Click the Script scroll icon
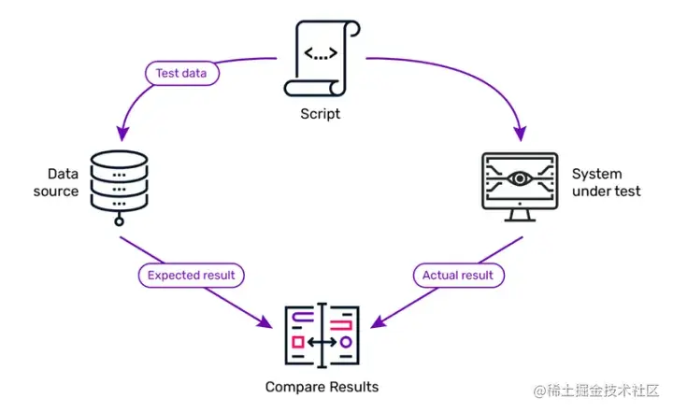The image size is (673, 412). [320, 59]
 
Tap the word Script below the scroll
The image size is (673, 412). [321, 114]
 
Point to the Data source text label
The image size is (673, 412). [63, 183]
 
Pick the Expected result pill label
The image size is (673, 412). [191, 276]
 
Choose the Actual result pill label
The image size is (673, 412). [458, 276]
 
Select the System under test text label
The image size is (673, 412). [606, 183]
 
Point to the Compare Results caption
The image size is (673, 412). [322, 387]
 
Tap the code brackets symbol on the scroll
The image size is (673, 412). [322, 54]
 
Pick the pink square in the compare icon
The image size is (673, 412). [297, 343]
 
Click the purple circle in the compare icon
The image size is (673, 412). [345, 343]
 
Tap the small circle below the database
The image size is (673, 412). [119, 222]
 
